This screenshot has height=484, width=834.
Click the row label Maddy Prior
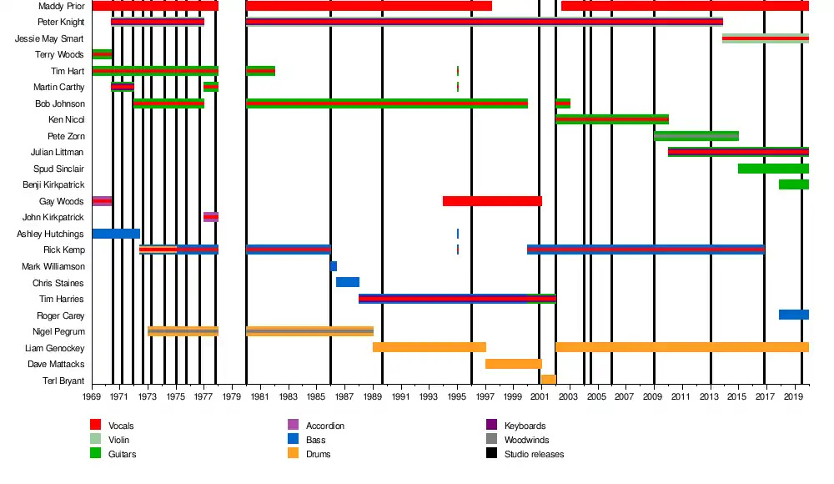click(61, 7)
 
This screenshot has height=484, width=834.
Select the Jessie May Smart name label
click(49, 39)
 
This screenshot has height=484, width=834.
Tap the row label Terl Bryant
click(63, 381)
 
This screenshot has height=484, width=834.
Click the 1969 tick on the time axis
click(92, 396)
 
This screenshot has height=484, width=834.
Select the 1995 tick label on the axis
click(457, 396)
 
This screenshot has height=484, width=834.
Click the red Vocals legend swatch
click(96, 426)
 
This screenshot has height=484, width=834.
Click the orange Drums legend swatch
click(293, 454)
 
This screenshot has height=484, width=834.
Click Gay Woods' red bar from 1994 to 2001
click(492, 201)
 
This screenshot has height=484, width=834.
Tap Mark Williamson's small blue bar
click(334, 266)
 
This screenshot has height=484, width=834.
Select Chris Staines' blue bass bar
click(348, 282)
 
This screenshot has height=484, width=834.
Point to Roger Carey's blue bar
click(794, 315)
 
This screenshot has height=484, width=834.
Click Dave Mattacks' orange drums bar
click(514, 364)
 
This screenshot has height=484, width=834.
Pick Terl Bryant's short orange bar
click(548, 380)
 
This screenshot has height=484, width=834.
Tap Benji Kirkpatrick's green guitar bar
click(794, 184)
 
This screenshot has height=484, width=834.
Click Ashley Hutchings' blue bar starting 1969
click(116, 234)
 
